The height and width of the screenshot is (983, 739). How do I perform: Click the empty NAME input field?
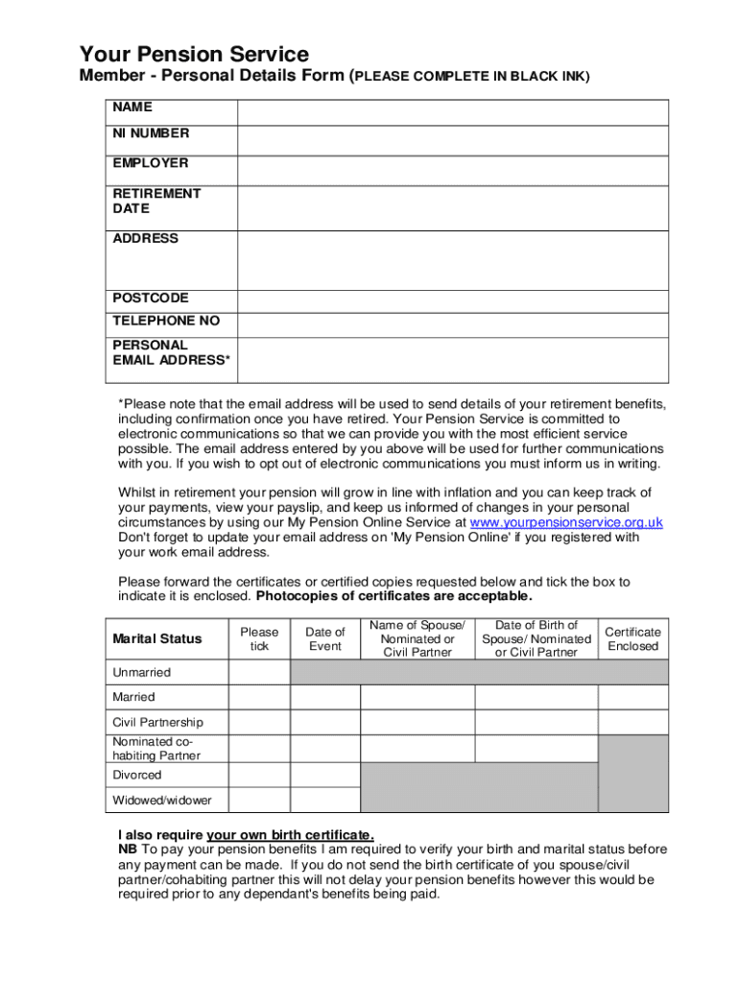[x=453, y=111]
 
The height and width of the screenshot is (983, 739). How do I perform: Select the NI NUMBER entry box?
[x=453, y=140]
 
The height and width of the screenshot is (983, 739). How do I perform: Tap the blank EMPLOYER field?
[x=453, y=170]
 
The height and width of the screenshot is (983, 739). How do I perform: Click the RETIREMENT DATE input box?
[x=453, y=207]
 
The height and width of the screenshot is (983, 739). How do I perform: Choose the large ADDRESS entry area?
[x=453, y=260]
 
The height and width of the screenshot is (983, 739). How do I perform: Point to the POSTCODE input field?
[x=453, y=301]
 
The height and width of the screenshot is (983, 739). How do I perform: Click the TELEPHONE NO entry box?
[x=453, y=324]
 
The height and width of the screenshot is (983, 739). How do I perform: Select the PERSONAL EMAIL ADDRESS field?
[x=453, y=360]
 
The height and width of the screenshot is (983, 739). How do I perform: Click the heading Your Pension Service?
[x=194, y=54]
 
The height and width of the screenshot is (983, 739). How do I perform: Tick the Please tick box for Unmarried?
[x=259, y=672]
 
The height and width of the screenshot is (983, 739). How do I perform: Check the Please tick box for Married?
[x=259, y=697]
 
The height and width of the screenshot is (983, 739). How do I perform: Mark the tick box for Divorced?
[x=259, y=775]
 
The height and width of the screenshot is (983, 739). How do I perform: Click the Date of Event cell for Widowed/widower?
[x=324, y=800]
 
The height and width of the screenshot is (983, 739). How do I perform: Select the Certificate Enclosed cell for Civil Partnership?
[x=632, y=722]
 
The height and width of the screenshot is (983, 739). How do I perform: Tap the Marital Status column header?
[x=157, y=638]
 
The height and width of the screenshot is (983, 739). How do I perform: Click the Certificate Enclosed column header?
[x=632, y=638]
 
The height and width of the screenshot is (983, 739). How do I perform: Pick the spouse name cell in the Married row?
[x=417, y=697]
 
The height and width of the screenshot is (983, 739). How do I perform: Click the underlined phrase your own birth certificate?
[x=290, y=834]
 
